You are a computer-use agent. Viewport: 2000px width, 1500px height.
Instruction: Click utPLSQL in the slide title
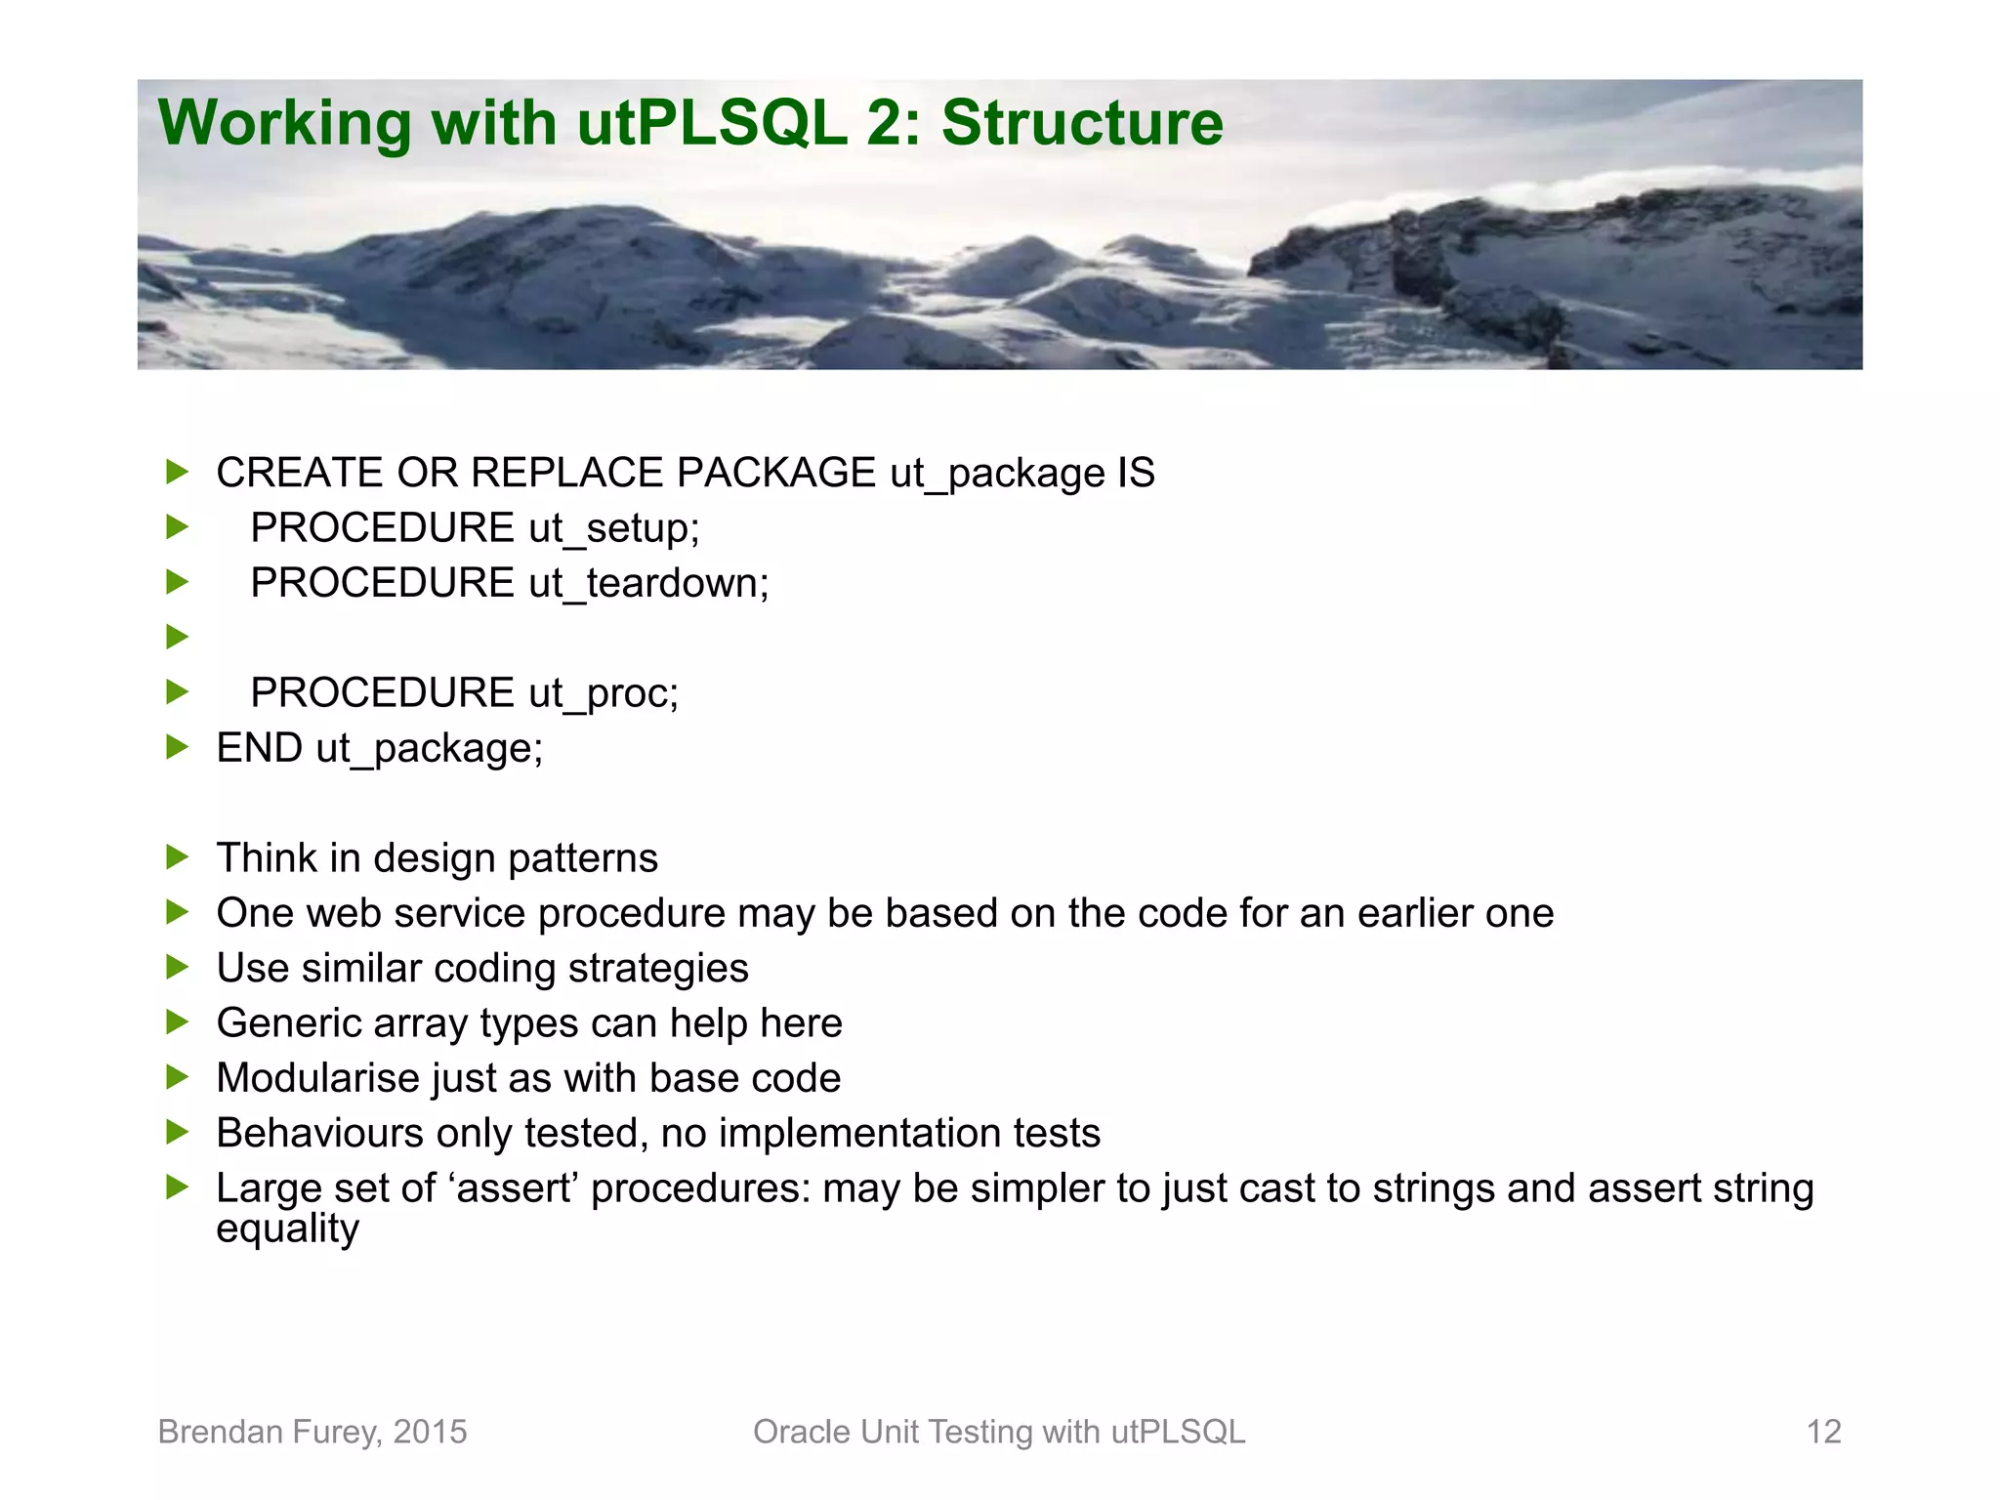pyautogui.click(x=712, y=123)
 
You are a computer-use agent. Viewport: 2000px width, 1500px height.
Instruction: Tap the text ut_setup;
pyautogui.click(x=614, y=528)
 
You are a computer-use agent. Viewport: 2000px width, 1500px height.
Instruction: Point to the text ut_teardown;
pyautogui.click(x=648, y=583)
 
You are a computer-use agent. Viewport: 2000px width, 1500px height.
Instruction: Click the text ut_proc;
pyautogui.click(x=604, y=693)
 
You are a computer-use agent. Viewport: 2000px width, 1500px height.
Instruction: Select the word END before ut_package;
pyautogui.click(x=259, y=748)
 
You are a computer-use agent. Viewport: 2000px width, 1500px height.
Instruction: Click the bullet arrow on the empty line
pyautogui.click(x=177, y=638)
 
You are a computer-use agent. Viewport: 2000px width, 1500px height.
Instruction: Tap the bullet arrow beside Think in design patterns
pyautogui.click(x=177, y=857)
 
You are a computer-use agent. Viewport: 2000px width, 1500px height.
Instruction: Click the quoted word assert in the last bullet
pyautogui.click(x=514, y=1188)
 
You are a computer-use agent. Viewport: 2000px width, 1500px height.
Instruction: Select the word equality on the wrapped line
pyautogui.click(x=287, y=1229)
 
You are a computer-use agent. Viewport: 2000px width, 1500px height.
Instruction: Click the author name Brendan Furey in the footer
pyautogui.click(x=269, y=1432)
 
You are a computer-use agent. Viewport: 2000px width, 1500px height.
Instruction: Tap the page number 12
pyautogui.click(x=1823, y=1432)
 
